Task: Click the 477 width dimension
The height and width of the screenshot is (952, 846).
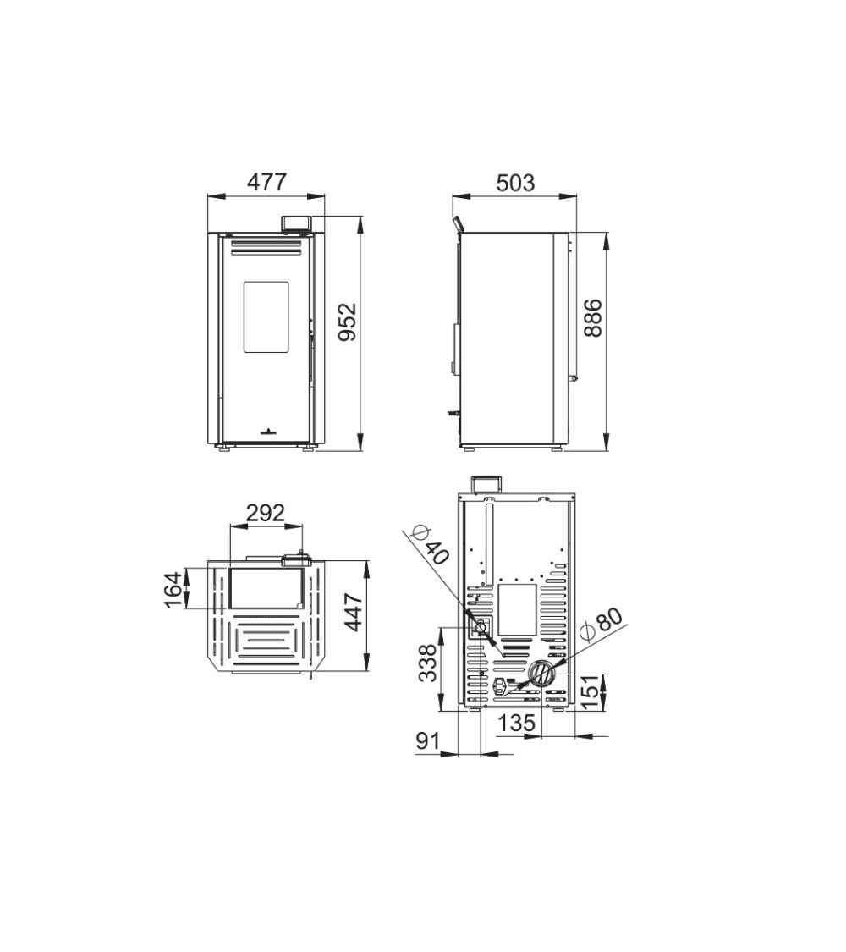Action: coord(267,182)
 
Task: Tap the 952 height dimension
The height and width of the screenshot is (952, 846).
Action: coord(349,322)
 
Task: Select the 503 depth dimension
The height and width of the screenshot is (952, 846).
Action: coord(515,183)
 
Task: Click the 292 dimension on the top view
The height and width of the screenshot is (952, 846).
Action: coord(265,513)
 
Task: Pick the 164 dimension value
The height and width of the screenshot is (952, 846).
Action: coord(173,589)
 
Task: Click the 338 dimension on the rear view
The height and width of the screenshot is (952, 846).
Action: coord(427,663)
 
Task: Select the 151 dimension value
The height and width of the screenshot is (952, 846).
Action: coord(590,691)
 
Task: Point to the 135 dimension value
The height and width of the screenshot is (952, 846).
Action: coord(516,723)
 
